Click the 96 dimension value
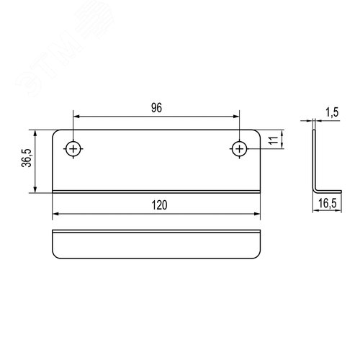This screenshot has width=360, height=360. click(156, 108)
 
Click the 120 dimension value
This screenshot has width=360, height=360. click(159, 205)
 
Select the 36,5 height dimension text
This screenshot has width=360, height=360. click(27, 158)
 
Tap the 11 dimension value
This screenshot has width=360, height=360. click(273, 140)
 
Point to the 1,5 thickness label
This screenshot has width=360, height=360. click(332, 112)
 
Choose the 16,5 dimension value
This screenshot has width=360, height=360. click(328, 204)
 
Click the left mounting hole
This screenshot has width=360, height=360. click(73, 149)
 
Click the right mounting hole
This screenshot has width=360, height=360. click(239, 149)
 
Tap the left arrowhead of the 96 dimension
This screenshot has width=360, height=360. click(76, 117)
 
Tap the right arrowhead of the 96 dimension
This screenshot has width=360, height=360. click(236, 117)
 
